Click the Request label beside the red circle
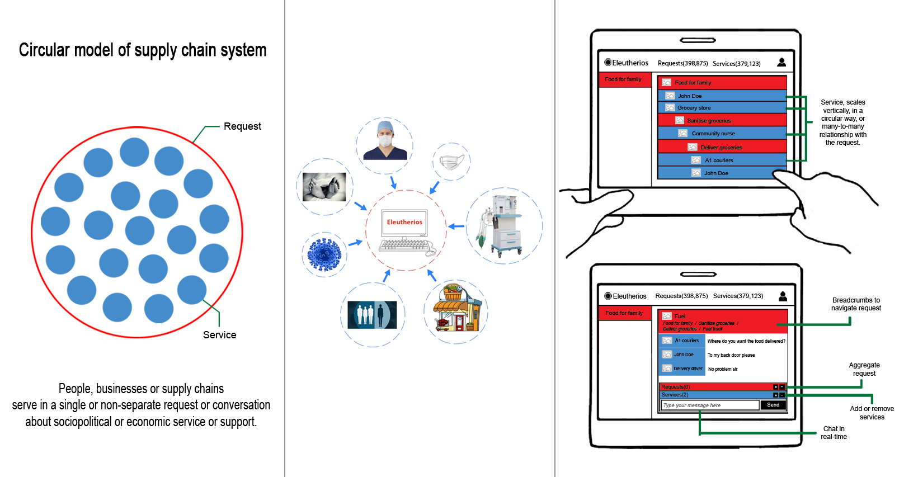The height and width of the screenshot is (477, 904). [242, 126]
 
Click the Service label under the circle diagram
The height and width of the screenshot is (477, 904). [219, 335]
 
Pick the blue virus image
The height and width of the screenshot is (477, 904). [324, 254]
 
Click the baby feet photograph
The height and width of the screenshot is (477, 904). [324, 186]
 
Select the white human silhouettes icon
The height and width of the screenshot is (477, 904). [372, 315]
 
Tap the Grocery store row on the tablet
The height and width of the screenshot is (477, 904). [722, 108]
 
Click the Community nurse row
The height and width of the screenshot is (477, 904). [722, 134]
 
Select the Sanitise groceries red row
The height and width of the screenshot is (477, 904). [722, 121]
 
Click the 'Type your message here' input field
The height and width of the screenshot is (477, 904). [709, 405]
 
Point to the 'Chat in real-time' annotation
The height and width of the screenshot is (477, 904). [834, 433]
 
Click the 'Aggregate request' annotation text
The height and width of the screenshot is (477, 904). [864, 369]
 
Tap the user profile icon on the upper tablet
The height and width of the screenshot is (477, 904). [781, 63]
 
